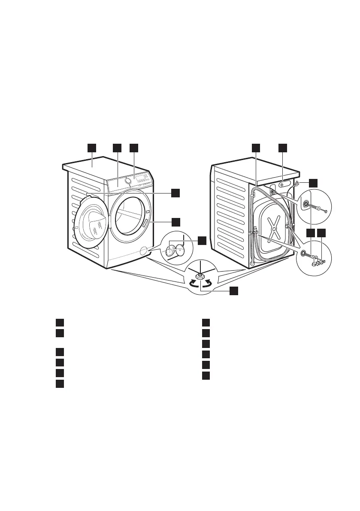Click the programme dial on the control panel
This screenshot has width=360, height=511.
tap(128, 181)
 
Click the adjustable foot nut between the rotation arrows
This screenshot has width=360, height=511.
tap(200, 275)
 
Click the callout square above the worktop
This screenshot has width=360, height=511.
tap(91, 148)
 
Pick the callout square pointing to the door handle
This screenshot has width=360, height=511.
tap(175, 222)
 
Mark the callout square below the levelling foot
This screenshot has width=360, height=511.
tap(233, 291)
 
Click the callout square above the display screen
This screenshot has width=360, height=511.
tap(134, 148)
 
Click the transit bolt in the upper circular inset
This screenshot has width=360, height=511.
tap(319, 208)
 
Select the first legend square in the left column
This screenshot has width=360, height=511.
tap(60, 323)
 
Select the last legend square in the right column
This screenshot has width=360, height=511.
tap(206, 375)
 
